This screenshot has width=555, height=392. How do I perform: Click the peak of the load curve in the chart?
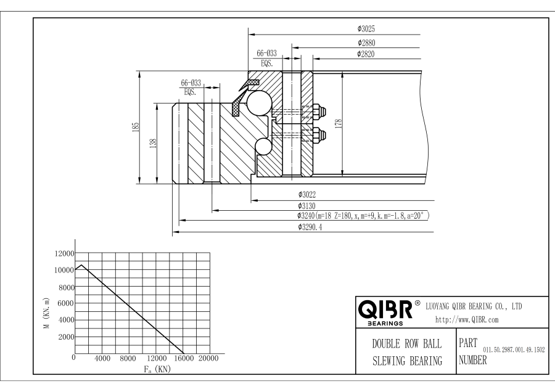coord(82,264)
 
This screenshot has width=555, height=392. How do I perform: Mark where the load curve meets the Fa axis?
coord(183,353)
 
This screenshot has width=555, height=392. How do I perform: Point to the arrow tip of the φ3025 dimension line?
coord(249,35)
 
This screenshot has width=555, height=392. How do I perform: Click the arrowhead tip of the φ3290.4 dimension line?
coord(173,232)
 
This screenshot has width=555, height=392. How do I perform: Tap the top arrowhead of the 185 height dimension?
coord(140,71)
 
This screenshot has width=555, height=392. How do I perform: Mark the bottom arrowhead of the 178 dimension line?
coord(343,174)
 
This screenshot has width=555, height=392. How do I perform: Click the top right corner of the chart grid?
coord(210,253)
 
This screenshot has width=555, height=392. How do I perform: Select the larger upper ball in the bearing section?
coord(259,102)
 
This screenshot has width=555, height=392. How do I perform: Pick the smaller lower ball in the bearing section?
coord(263,146)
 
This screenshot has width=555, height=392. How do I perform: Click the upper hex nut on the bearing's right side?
coord(319,112)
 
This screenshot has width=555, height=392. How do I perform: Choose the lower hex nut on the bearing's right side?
coord(319,135)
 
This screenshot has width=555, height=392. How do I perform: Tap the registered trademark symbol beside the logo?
coord(417,303)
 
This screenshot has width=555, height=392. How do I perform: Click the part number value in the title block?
coord(514,350)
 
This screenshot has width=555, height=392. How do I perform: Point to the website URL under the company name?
coord(467,320)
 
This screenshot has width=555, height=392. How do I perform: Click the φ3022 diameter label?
coord(306,194)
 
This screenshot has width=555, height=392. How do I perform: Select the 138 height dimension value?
coord(153,143)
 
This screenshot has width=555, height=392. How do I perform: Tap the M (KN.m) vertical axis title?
coord(46,314)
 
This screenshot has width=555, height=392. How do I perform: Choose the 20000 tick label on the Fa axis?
coord(208,358)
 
